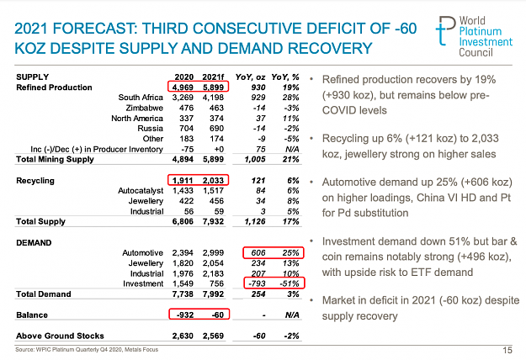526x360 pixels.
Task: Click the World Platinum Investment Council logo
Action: pos(475,36)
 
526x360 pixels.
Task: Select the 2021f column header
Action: pos(213,77)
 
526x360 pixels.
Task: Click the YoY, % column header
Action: pos(285,77)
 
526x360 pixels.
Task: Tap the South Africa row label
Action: pos(141,98)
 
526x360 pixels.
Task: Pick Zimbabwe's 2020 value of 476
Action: pos(186,108)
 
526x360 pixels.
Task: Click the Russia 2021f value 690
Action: pos(216,129)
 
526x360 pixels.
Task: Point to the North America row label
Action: pos(137,119)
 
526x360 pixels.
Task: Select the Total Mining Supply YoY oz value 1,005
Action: pos(255,159)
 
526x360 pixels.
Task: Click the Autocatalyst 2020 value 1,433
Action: pos(183,191)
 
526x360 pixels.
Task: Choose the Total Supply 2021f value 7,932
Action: pos(213,221)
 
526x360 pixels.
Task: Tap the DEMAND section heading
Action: pos(34,243)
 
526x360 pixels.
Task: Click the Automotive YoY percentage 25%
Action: pos(290,252)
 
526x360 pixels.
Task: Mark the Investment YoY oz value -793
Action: pos(257,283)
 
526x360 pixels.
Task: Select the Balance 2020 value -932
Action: pos(185,315)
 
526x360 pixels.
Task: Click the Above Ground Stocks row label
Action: pos(60,336)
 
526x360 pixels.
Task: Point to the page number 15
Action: pos(507,350)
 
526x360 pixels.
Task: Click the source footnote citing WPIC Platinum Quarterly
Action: pos(87,350)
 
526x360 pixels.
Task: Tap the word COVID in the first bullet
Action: pos(338,110)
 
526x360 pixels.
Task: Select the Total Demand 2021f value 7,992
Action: pos(213,294)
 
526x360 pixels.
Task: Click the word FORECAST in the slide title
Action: pos(95,29)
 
